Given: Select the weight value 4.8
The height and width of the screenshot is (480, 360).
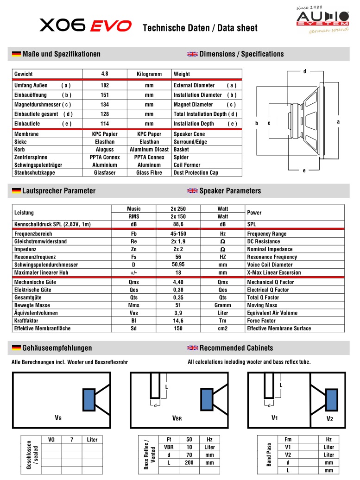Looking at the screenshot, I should tap(104, 74).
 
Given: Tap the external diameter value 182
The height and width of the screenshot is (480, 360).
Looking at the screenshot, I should tap(104, 85).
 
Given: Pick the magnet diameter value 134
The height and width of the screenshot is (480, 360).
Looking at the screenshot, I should tap(104, 105).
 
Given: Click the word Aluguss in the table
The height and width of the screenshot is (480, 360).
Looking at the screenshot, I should tap(104, 150).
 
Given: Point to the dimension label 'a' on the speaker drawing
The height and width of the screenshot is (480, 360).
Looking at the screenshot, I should tap(338, 122).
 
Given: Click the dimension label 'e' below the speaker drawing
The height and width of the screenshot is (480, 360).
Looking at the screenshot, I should tap(304, 171).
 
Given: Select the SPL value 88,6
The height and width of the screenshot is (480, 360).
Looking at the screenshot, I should tap(178, 224).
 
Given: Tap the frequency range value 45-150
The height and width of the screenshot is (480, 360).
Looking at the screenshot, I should tap(178, 234).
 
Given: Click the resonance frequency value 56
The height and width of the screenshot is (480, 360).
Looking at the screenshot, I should tap(178, 257).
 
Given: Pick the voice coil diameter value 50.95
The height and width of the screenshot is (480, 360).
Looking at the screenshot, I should tap(178, 265).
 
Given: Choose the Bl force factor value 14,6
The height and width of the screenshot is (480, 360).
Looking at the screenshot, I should tap(178, 321).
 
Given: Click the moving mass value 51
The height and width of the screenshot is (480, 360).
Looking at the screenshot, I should tap(178, 305).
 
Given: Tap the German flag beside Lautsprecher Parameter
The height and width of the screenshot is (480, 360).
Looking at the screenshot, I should tap(16, 191).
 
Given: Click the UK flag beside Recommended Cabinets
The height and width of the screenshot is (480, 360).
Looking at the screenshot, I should tap(192, 348).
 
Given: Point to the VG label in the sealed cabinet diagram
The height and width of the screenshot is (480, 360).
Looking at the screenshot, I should tap(58, 418).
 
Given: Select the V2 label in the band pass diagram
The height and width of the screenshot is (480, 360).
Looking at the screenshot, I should tap(329, 419).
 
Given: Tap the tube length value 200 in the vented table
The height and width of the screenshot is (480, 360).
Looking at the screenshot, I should tap(189, 463).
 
